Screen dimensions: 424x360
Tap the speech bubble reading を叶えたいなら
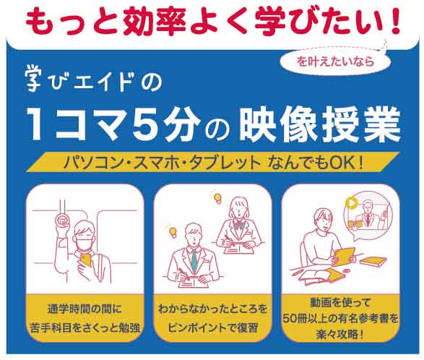336,61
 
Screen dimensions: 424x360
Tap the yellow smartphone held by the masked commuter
86,260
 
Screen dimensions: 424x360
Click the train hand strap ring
63,219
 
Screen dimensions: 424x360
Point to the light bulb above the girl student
217,198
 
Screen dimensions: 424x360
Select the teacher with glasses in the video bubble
368,213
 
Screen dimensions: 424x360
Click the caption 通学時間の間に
85,309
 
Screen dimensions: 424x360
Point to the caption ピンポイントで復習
213,327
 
